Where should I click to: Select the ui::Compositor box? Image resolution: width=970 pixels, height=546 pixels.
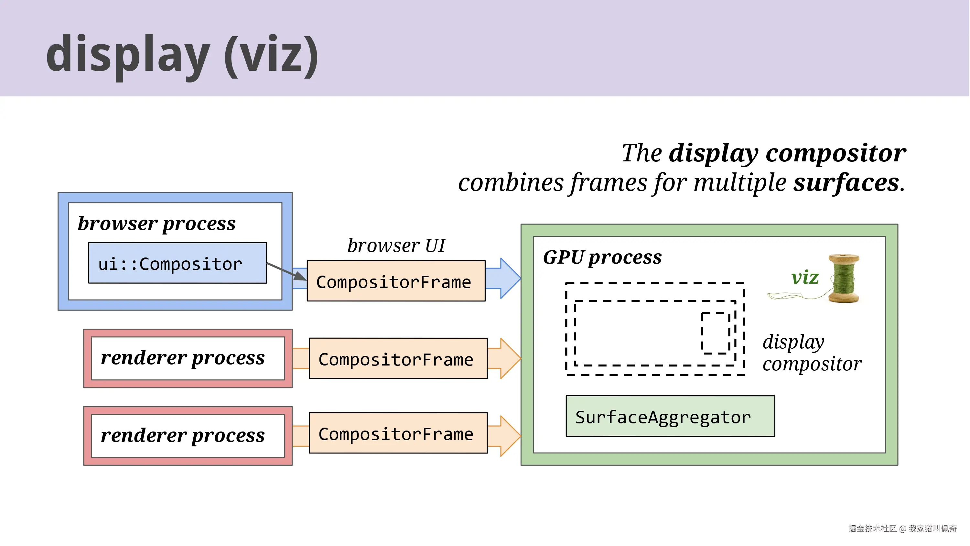178,263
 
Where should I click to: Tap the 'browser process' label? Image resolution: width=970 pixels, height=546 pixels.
156,224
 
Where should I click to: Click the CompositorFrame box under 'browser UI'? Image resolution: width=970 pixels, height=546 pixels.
396,281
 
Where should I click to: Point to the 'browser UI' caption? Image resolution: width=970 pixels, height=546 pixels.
396,246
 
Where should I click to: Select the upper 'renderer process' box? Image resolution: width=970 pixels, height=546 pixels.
188,358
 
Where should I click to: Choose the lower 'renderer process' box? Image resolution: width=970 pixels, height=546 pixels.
188,436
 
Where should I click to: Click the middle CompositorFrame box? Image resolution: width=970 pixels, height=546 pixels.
398,359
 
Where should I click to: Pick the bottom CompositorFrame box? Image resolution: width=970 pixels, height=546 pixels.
398,433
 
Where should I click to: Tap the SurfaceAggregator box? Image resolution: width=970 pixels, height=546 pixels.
670,416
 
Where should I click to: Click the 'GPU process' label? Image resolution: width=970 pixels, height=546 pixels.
602,258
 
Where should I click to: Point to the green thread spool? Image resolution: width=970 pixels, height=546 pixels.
844,279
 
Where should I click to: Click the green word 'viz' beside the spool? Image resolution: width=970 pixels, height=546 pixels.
805,278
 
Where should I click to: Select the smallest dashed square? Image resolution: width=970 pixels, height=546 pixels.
716,333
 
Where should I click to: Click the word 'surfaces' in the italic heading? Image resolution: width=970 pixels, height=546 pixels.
846,183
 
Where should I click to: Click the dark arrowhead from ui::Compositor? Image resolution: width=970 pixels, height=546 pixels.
300,276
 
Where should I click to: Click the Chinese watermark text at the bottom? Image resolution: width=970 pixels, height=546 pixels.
902,529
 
